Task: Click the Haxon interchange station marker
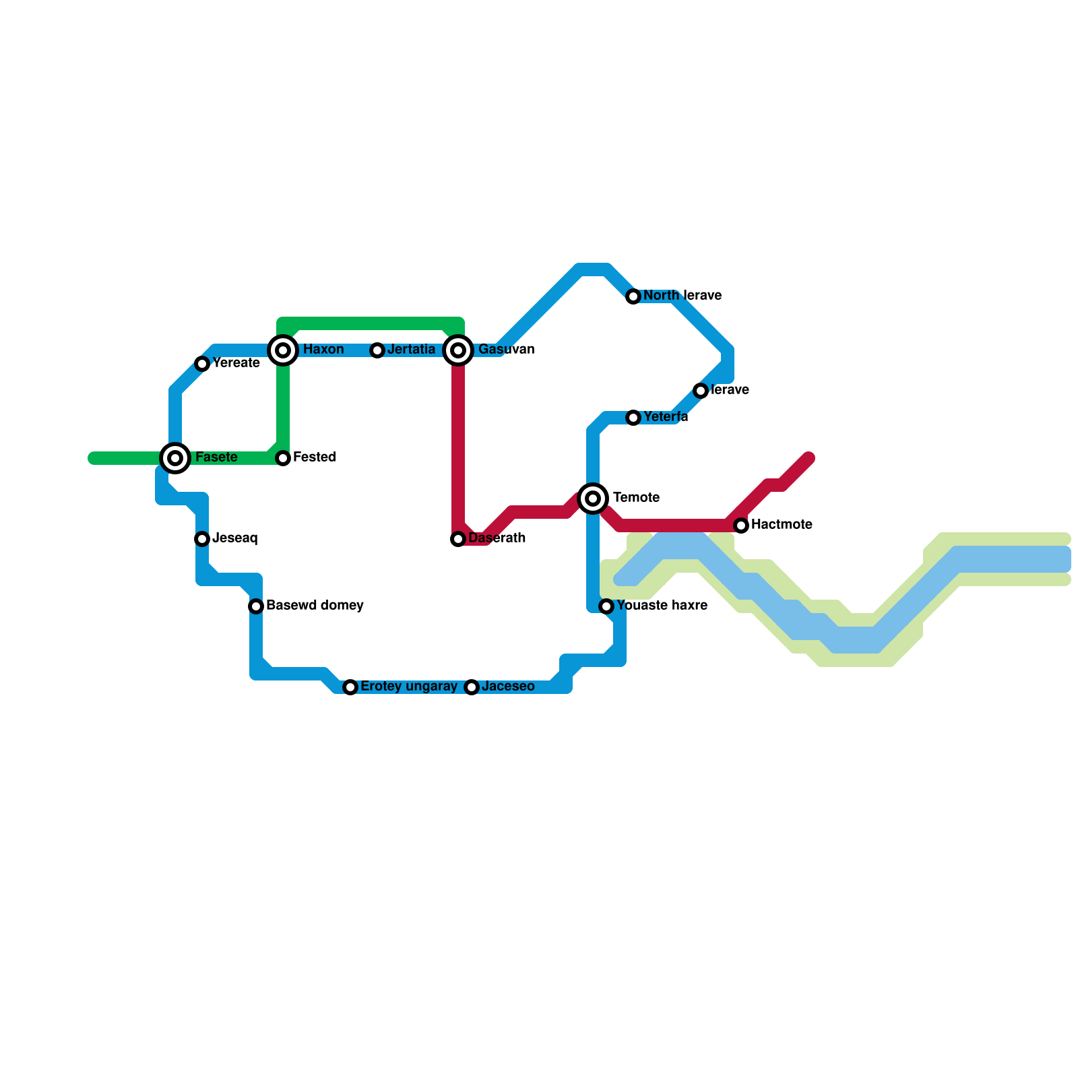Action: pyautogui.click(x=283, y=350)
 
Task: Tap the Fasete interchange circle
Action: pyautogui.click(x=175, y=458)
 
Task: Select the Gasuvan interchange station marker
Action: pyautogui.click(x=458, y=350)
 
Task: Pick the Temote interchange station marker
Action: pyautogui.click(x=593, y=499)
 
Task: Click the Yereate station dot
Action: pyautogui.click(x=202, y=364)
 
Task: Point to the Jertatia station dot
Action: pyautogui.click(x=377, y=350)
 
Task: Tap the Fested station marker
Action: pyautogui.click(x=283, y=458)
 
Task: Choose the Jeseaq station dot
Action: pyautogui.click(x=202, y=539)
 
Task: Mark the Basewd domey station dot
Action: pyautogui.click(x=256, y=606)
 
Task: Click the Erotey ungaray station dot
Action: pyautogui.click(x=350, y=687)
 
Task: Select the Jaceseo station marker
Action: pyautogui.click(x=472, y=687)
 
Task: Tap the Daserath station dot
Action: pyautogui.click(x=458, y=539)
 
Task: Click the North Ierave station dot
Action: pyautogui.click(x=633, y=296)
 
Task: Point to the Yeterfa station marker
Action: pyautogui.click(x=633, y=418)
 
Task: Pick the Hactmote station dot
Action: pyautogui.click(x=741, y=526)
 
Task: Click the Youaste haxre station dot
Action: pyautogui.click(x=606, y=606)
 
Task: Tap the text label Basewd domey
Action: pyautogui.click(x=315, y=606)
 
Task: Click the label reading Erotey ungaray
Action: pyautogui.click(x=409, y=687)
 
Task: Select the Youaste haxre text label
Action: pyautogui.click(x=662, y=606)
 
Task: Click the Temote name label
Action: pyautogui.click(x=636, y=498)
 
